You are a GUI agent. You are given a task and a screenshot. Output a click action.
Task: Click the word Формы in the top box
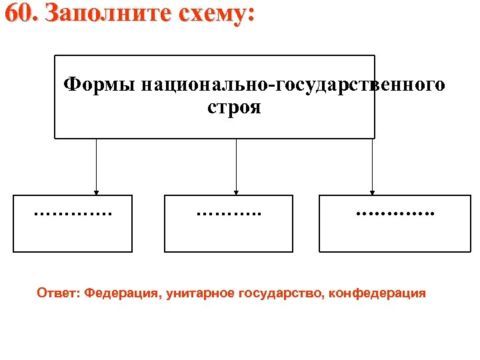tap(100, 85)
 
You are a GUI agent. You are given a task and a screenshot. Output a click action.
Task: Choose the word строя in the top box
tap(234, 107)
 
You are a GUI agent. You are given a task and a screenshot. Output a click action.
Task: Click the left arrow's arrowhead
tap(97, 191)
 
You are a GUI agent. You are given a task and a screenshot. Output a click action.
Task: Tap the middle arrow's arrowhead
tap(236, 191)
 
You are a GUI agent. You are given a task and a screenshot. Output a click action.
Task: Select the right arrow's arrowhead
tap(373, 191)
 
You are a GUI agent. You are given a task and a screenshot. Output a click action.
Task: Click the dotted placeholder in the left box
tap(73, 214)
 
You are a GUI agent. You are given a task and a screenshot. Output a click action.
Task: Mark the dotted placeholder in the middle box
tap(228, 214)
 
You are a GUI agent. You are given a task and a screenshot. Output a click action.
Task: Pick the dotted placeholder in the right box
tap(395, 214)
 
